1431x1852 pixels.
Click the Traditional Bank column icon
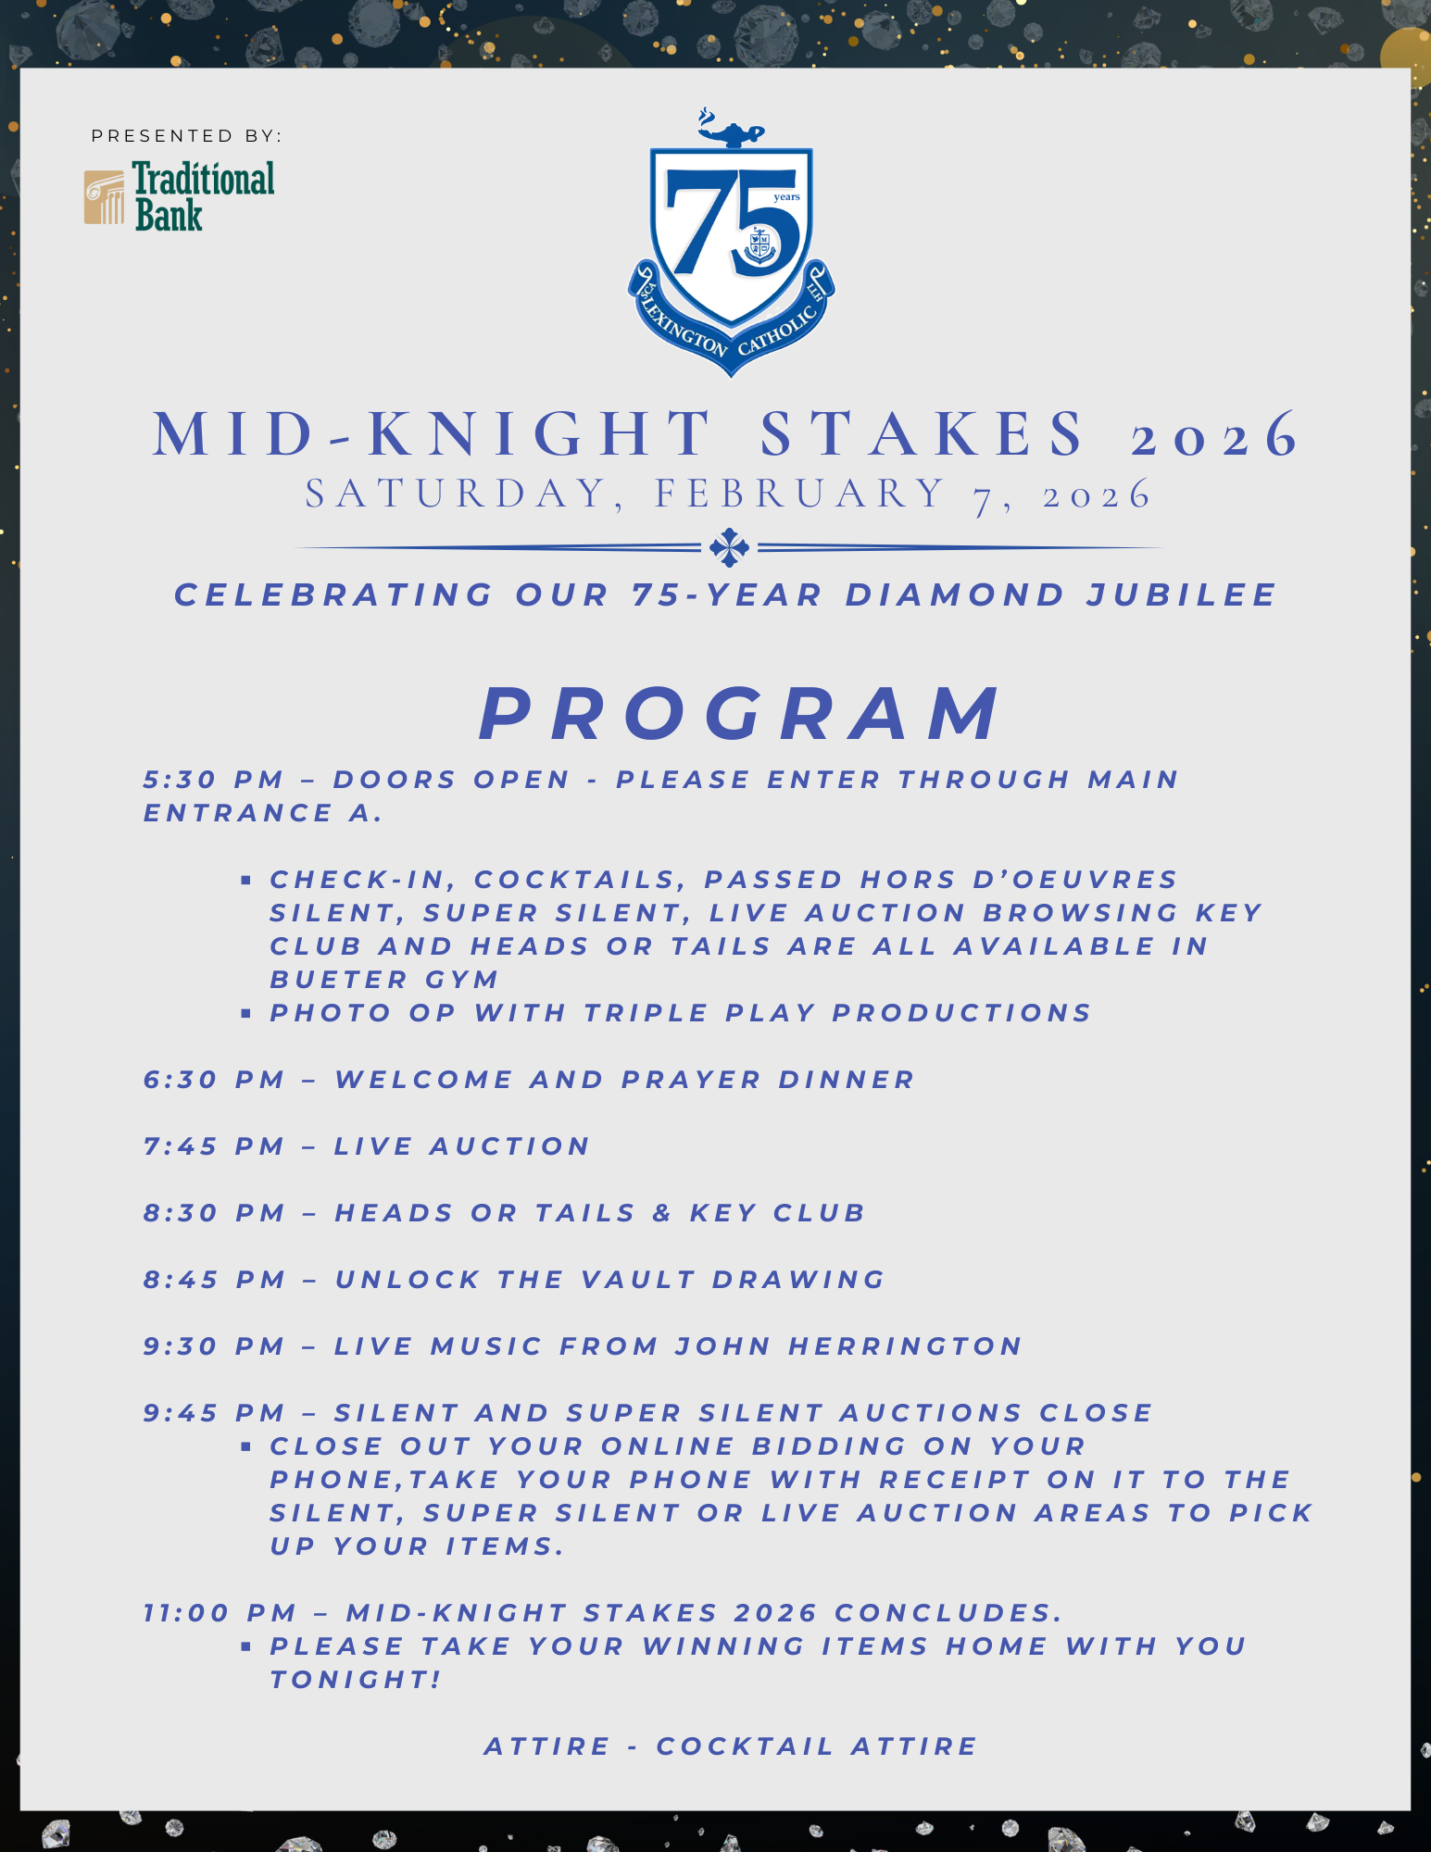pyautogui.click(x=104, y=197)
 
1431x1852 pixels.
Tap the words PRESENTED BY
pyautogui.click(x=186, y=136)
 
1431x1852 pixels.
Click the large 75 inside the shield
pyautogui.click(x=733, y=222)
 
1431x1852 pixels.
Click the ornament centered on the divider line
pyautogui.click(x=729, y=547)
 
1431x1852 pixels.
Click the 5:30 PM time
pyautogui.click(x=213, y=780)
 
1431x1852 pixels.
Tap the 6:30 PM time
pyautogui.click(x=213, y=1080)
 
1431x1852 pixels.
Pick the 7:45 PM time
pyautogui.click(x=213, y=1146)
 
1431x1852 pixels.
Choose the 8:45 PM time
pyautogui.click(x=214, y=1280)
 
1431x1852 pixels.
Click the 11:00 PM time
pyautogui.click(x=220, y=1613)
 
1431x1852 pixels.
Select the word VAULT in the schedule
pyautogui.click(x=638, y=1280)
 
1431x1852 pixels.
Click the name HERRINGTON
pyautogui.click(x=905, y=1346)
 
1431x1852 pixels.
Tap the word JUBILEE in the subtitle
pyautogui.click(x=1182, y=594)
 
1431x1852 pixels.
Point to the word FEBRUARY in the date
pyautogui.click(x=800, y=494)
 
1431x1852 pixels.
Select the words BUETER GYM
pyautogui.click(x=384, y=980)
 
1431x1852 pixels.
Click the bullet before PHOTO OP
pyautogui.click(x=245, y=1013)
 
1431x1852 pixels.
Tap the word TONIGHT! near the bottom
pyautogui.click(x=356, y=1680)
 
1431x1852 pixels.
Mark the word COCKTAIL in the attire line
pyautogui.click(x=745, y=1746)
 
